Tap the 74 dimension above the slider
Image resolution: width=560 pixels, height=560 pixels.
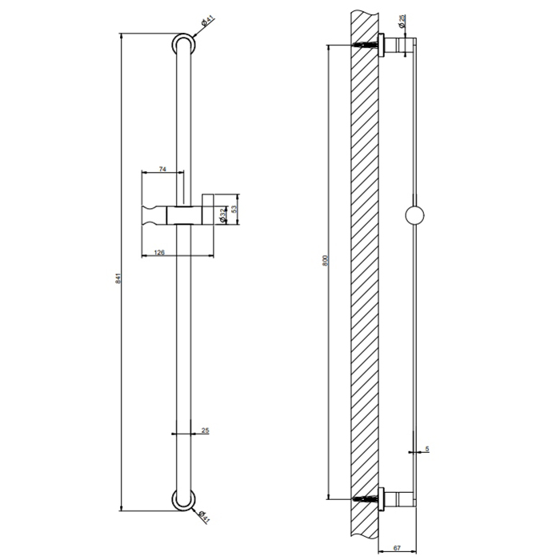coord(162,169)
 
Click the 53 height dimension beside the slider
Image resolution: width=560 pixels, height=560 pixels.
coord(234,210)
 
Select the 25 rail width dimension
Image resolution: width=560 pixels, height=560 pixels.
coord(206,431)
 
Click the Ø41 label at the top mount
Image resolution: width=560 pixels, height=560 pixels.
coord(205,24)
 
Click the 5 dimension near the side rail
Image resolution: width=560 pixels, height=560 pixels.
coord(427,450)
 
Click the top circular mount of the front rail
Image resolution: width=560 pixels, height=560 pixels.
coord(183,44)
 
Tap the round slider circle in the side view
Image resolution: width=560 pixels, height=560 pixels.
coord(416,216)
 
